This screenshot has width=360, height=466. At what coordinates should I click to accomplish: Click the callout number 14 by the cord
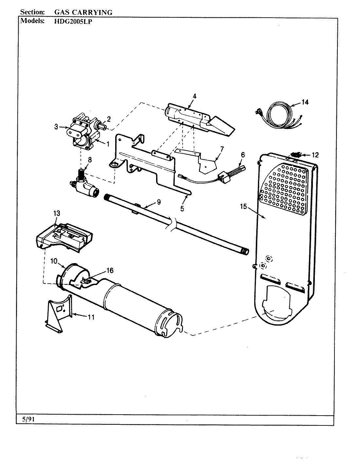pos(305,102)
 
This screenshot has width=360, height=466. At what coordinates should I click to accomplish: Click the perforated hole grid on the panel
pos(284,188)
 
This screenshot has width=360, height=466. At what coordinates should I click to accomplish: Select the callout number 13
pos(57,213)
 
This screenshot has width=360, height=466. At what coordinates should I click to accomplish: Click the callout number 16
pos(110,270)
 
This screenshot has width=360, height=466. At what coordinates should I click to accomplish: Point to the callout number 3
pos(56,127)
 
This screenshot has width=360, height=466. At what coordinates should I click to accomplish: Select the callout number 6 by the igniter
pos(243,155)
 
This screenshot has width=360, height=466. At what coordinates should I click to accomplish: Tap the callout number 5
pos(182,207)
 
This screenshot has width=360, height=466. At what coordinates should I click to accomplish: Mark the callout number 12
pos(315,155)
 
